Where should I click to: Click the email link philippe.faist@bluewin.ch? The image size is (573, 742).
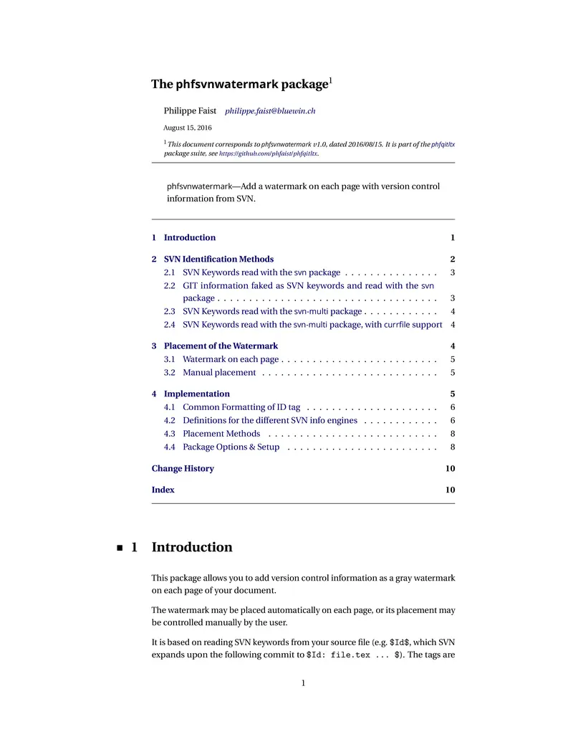click(x=270, y=111)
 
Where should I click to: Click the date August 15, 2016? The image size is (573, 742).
click(x=188, y=128)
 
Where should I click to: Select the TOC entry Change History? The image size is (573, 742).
click(x=183, y=468)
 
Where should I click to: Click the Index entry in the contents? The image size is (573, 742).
click(x=163, y=490)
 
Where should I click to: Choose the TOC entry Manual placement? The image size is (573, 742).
click(x=219, y=372)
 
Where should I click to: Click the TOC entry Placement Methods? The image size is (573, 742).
click(x=221, y=433)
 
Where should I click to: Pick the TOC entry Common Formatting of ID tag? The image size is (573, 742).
click(x=241, y=406)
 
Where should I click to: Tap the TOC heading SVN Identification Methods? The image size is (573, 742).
click(x=218, y=259)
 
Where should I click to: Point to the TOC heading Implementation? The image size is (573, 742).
click(x=197, y=394)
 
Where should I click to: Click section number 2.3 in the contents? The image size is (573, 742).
click(x=170, y=311)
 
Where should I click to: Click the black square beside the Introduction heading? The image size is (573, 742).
click(x=119, y=548)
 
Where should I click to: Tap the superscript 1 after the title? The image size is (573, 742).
click(x=329, y=80)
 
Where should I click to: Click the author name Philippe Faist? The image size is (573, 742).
click(x=190, y=111)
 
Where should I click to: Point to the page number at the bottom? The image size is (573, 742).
click(x=303, y=683)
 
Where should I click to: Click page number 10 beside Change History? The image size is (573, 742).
click(x=450, y=468)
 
